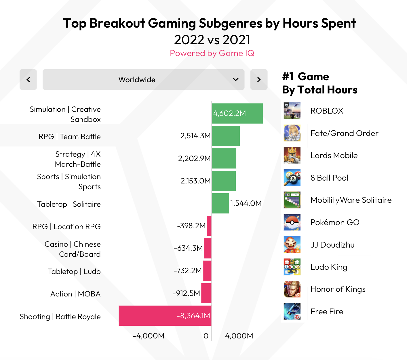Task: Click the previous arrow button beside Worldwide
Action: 28,80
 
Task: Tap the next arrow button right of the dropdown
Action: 259,80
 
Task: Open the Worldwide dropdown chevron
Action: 236,80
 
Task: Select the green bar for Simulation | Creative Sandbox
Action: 237,113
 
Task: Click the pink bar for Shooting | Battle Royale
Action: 165,316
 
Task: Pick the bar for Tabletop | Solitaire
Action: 220,203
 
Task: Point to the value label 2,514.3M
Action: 195,136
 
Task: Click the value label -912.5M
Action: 186,293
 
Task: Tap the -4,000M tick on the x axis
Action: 149,336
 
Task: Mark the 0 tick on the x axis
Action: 206,336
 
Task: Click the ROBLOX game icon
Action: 292,111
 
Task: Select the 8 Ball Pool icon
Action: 292,178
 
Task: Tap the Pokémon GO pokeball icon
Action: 292,222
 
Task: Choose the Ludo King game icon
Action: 292,267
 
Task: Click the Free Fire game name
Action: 327,311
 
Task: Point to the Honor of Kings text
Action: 338,289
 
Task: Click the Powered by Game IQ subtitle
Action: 212,53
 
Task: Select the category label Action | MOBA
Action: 75,294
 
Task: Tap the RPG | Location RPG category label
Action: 66,227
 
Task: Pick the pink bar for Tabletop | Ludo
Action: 207,271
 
